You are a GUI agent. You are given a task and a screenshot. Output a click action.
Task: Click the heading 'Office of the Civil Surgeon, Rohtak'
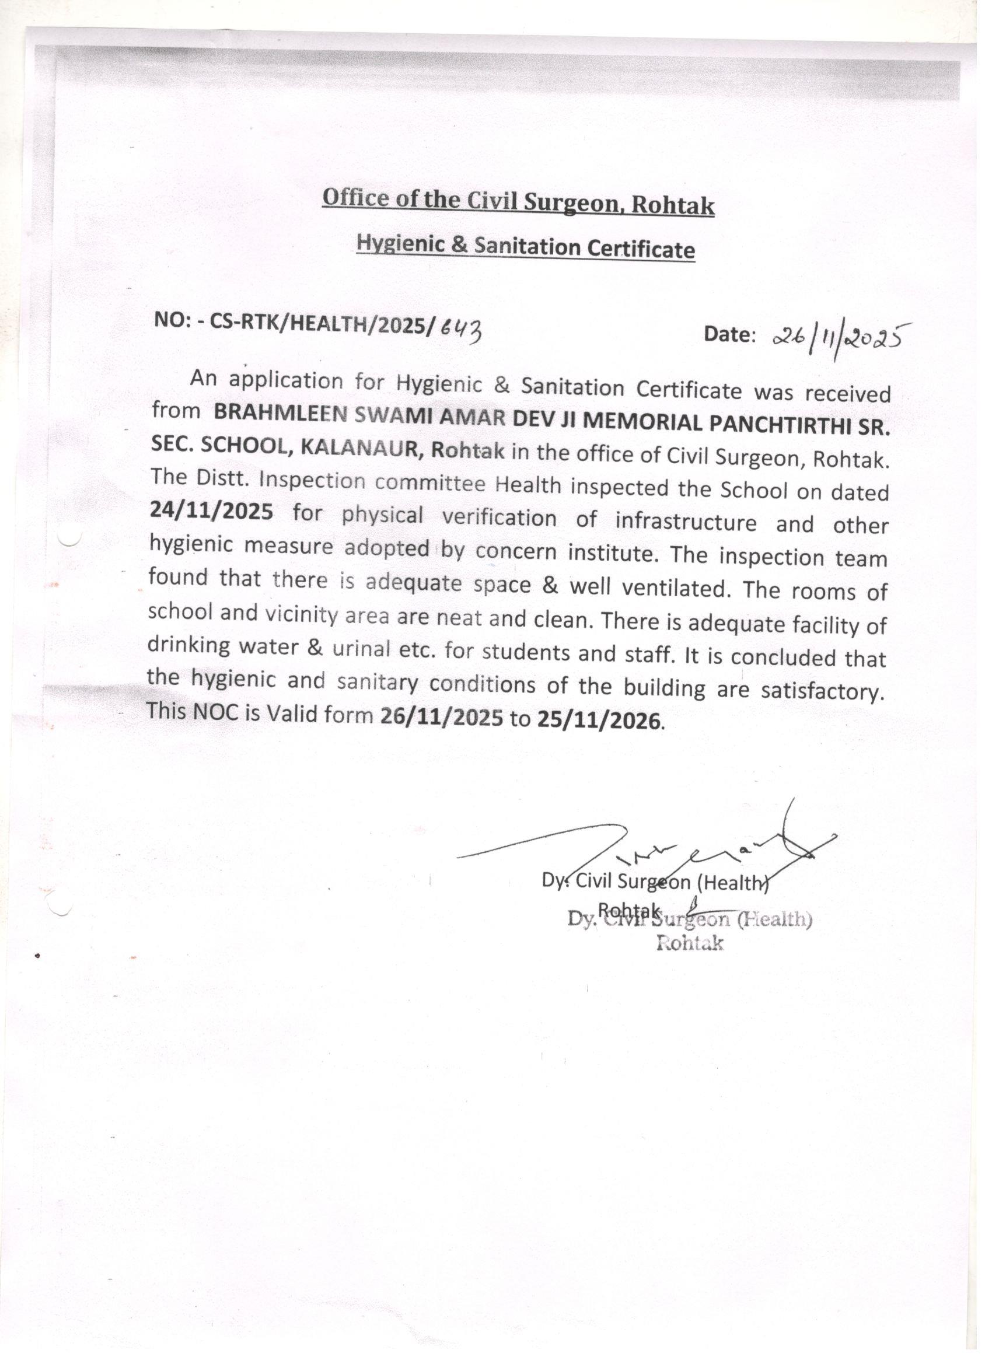(x=518, y=202)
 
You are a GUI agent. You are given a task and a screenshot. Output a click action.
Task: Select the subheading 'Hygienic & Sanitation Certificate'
(x=525, y=247)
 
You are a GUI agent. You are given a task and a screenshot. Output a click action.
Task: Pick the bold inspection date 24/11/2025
(x=211, y=510)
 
